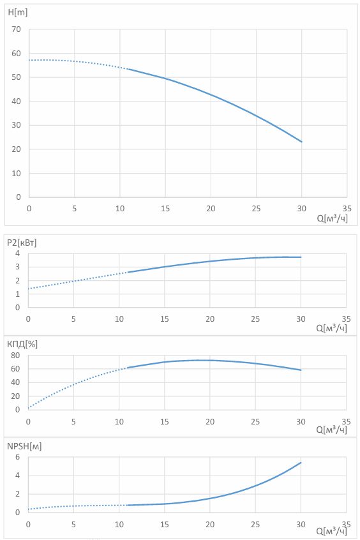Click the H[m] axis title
coord(18,12)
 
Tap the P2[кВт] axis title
coord(21,243)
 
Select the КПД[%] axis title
coord(22,344)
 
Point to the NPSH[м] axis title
coord(24,446)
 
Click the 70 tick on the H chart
coord(16,29)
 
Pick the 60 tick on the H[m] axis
coord(16,54)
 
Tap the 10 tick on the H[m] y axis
coord(16,173)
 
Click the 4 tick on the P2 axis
coord(18,253)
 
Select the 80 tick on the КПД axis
coord(15,355)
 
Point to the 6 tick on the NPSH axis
coord(18,457)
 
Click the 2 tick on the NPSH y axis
coord(18,494)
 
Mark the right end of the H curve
coord(302,142)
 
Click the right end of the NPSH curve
coord(301,463)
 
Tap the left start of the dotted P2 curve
coord(28,289)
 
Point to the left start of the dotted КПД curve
coord(28,408)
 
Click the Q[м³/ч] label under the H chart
coord(333,218)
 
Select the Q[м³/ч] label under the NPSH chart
coord(331,531)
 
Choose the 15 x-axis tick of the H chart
coord(165,208)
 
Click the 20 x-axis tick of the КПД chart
coord(210,421)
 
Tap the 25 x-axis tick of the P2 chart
coord(255,319)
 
